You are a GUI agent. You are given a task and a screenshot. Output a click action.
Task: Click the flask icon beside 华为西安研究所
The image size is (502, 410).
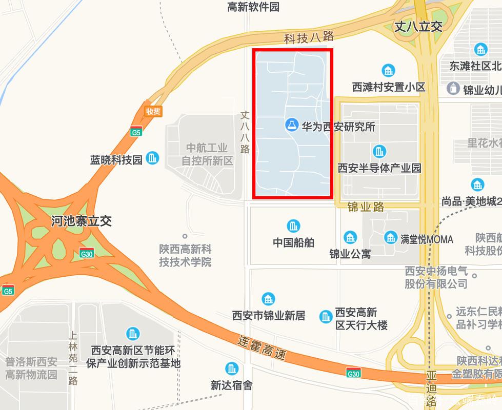tap(292, 125)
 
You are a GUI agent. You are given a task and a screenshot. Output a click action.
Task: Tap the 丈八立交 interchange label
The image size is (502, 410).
tap(418, 27)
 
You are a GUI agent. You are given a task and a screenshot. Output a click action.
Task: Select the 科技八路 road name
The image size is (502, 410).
tap(309, 37)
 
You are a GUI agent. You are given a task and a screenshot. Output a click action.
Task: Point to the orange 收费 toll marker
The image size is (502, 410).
tap(153, 111)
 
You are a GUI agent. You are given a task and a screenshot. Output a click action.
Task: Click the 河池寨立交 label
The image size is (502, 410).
tap(82, 221)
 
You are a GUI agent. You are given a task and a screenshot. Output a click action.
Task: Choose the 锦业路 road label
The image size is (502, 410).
tap(366, 207)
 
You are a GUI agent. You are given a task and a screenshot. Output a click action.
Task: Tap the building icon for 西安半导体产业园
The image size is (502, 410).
tap(379, 151)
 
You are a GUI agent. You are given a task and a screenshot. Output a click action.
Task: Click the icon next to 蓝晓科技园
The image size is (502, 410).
tap(152, 158)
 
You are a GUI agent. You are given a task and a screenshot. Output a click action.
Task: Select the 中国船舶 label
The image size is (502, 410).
tap(293, 242)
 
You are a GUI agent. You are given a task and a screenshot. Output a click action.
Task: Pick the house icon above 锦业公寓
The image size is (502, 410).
tap(350, 237)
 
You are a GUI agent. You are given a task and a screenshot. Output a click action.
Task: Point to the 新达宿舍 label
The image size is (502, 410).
tap(231, 385)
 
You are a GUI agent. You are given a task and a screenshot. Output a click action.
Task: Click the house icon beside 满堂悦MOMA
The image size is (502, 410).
tap(391, 237)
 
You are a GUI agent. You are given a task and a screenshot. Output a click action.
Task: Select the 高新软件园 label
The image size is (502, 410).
tap(253, 7)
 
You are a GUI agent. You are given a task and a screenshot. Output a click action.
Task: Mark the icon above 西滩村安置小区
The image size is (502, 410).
tap(388, 71)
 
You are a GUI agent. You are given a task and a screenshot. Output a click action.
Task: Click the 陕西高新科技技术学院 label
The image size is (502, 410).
tap(185, 256)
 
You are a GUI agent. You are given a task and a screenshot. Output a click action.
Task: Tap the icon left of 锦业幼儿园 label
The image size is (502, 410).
tap(453, 88)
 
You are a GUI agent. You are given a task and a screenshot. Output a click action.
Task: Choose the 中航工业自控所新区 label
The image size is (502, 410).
tap(207, 154)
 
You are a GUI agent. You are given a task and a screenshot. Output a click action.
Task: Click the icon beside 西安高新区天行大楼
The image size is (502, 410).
tap(326, 317)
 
